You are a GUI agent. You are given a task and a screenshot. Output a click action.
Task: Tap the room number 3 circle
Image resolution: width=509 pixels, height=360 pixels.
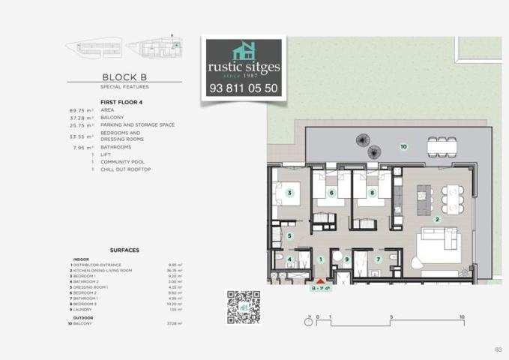coord(289,193)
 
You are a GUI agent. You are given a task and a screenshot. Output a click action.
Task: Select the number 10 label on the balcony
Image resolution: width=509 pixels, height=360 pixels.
coord(403,146)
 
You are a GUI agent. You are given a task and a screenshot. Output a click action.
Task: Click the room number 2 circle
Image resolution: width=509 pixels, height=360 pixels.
coord(437,220)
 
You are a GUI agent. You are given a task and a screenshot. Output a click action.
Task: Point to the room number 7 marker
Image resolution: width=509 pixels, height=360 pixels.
coord(379,259)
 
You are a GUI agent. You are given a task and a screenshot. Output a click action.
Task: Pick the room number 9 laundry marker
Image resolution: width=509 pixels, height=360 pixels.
coord(346,259)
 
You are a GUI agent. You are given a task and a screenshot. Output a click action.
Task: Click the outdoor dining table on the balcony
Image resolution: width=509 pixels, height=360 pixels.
coord(441,143)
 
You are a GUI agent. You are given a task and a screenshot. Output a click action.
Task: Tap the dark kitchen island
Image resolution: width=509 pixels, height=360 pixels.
coord(424,196)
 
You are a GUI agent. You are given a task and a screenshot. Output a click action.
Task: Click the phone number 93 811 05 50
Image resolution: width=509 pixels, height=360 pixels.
coord(243,88)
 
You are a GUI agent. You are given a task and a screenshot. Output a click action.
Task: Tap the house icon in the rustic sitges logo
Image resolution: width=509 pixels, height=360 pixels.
coord(244,52)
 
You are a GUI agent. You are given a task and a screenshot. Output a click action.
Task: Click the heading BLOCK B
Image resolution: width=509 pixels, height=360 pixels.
coord(124,76)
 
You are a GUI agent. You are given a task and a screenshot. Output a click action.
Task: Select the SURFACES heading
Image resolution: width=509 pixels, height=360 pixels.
coord(124,250)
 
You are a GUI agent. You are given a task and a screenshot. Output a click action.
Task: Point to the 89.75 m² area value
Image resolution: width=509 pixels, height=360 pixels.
coord(80,110)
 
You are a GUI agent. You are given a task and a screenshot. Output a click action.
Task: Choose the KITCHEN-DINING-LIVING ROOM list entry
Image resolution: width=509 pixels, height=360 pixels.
coord(103,270)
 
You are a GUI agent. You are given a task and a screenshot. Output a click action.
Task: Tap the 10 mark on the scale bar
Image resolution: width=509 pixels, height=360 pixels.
coord(462,316)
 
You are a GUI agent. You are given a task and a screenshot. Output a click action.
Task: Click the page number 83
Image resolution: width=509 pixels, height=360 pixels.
coord(498,349)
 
